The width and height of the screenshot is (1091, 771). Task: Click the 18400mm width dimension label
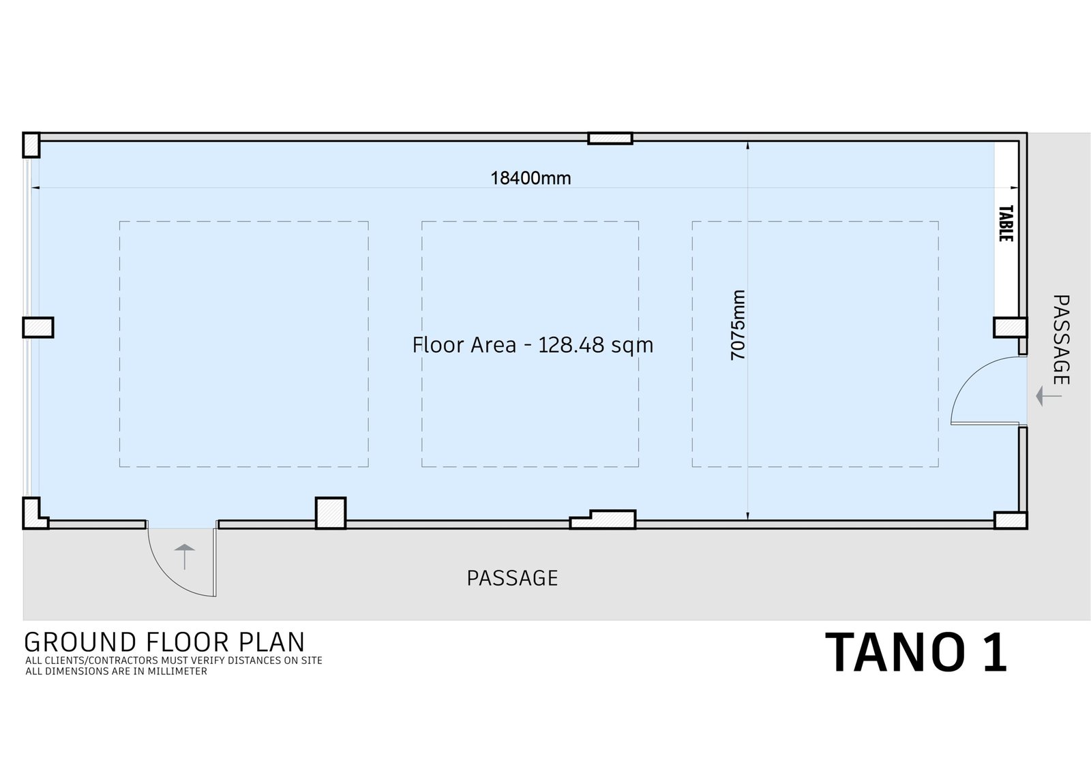[530, 178]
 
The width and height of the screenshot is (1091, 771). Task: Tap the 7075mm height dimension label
[738, 325]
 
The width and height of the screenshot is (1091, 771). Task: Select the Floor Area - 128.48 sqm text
[533, 346]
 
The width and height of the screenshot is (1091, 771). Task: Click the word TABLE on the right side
[1006, 224]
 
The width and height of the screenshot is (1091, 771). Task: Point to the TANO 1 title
[916, 652]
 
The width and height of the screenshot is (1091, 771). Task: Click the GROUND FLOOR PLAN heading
[164, 642]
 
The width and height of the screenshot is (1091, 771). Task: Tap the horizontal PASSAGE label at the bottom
[512, 578]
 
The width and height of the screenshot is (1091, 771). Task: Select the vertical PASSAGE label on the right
[1061, 339]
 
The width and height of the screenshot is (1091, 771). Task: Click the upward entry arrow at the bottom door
[185, 556]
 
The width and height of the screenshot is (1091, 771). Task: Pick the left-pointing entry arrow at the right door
[1049, 396]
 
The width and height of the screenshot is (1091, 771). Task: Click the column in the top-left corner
[31, 145]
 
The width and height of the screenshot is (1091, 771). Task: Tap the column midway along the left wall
[38, 327]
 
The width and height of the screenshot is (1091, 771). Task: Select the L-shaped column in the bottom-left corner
[34, 514]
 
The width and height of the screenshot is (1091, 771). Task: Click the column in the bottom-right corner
[1011, 520]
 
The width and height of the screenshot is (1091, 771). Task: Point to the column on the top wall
[610, 138]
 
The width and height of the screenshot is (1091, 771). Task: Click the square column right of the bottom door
[331, 513]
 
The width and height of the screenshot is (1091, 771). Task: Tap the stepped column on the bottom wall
[603, 519]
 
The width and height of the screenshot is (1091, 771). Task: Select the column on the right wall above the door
[1011, 327]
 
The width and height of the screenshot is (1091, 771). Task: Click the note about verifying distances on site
[174, 661]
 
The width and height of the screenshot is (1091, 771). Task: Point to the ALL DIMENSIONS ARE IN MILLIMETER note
[117, 671]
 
